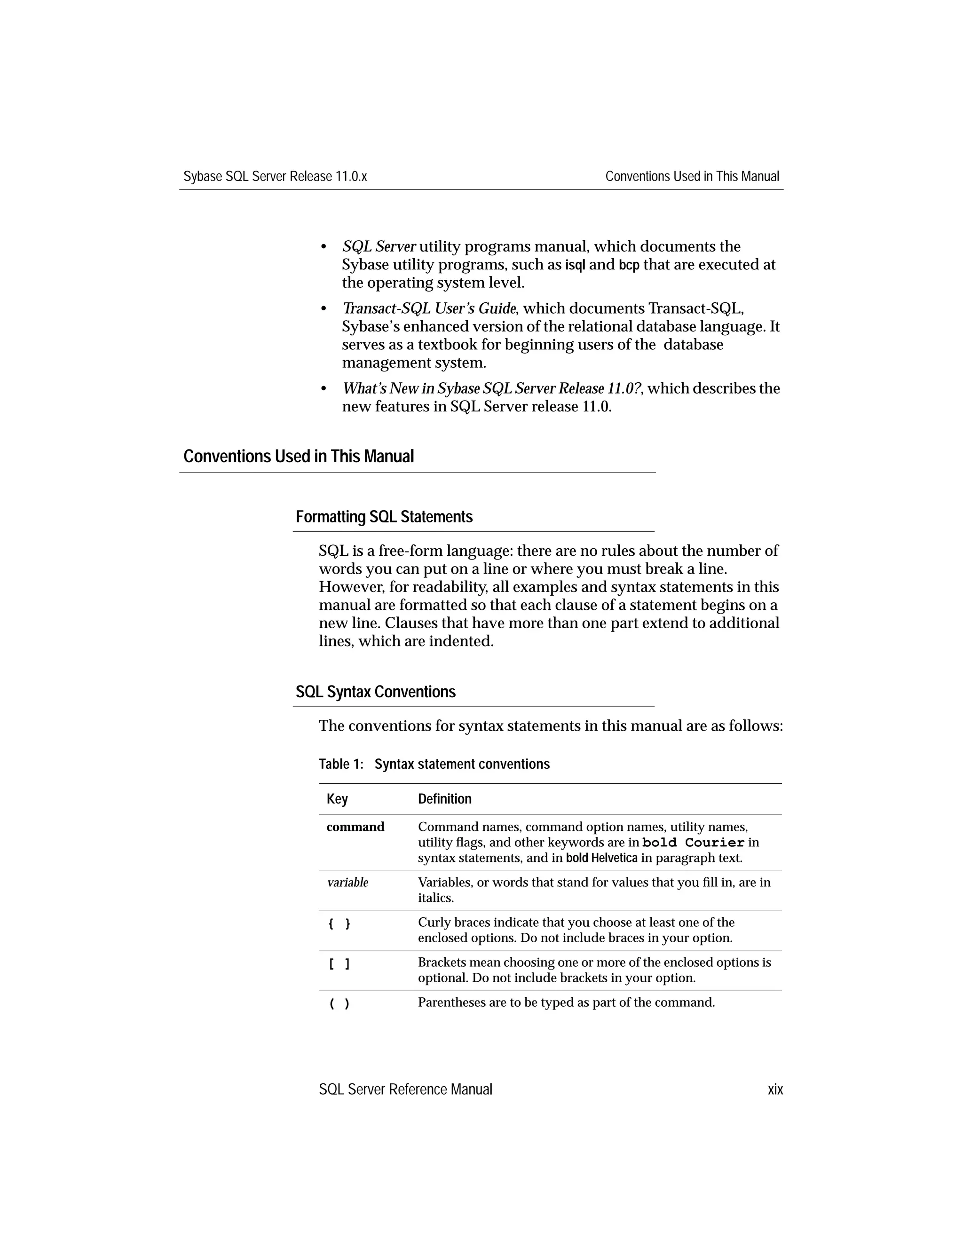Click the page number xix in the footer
[775, 1090]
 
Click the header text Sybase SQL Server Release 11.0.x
[275, 176]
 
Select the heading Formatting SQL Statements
[384, 517]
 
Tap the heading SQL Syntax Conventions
[375, 692]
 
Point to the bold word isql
[575, 265]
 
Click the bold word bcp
[629, 265]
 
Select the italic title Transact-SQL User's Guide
[429, 308]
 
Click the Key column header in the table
[337, 799]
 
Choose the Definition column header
[444, 799]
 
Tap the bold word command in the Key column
[355, 827]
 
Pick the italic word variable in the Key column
[347, 883]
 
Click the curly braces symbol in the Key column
[339, 923]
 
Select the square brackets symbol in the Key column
[339, 963]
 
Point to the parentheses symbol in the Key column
[339, 1003]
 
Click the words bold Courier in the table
[693, 843]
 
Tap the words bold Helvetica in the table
[601, 858]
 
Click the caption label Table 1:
[340, 764]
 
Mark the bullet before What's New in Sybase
[324, 389]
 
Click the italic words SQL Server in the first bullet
[379, 247]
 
